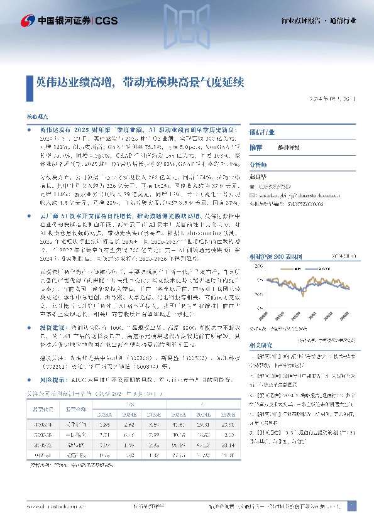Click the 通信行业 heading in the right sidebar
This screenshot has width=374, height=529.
262,133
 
